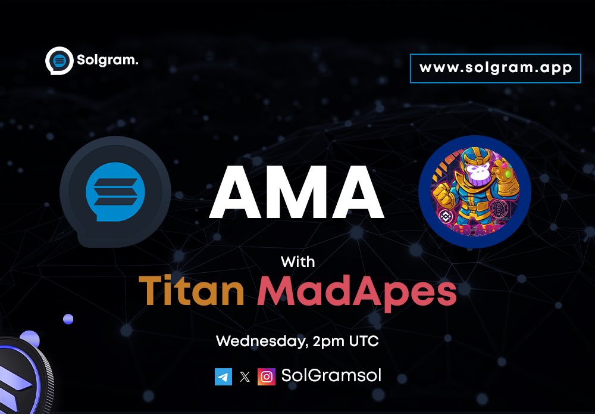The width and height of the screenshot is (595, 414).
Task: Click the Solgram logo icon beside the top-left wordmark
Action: (59, 61)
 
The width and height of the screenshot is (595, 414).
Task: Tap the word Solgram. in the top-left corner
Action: (107, 60)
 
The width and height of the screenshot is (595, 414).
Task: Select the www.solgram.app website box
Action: (495, 68)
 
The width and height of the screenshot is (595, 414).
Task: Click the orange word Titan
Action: (192, 290)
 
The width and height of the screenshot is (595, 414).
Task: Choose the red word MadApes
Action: (357, 291)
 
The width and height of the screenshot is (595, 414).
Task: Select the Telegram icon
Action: (223, 376)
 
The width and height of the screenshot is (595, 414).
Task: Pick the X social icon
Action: (245, 376)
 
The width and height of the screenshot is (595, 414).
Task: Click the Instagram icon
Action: (267, 376)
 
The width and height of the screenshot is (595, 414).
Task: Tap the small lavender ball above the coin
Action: (68, 319)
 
